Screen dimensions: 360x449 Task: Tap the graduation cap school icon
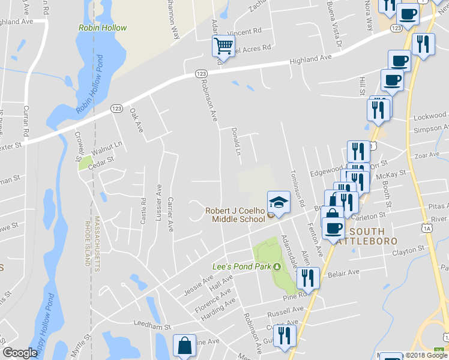(279, 201)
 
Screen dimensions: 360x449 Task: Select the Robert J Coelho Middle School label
(235, 215)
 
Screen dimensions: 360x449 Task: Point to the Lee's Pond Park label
(243, 266)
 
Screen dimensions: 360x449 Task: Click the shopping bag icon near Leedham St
(184, 346)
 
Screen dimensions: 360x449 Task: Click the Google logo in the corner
(20, 353)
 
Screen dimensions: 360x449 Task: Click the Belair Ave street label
(344, 273)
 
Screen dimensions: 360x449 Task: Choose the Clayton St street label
(409, 247)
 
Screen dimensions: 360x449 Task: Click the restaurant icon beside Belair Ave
(306, 278)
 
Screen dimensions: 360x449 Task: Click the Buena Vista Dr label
(334, 25)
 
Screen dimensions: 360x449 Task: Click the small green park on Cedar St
(85, 162)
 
